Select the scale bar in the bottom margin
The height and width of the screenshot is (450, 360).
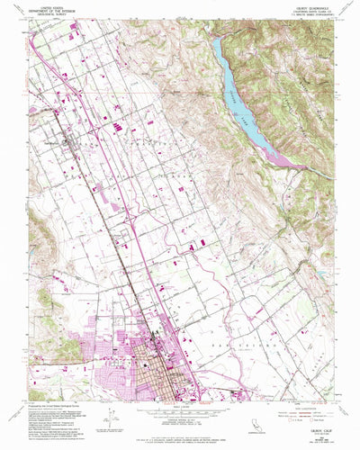[x=181, y=409]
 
